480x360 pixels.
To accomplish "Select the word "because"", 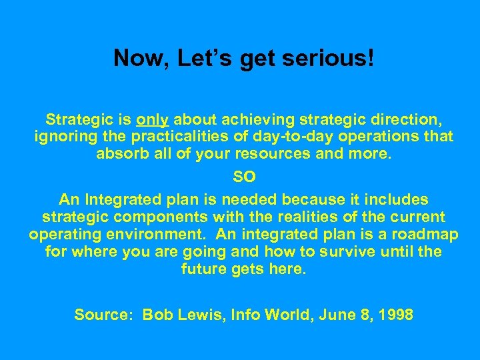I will (x=313, y=199).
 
